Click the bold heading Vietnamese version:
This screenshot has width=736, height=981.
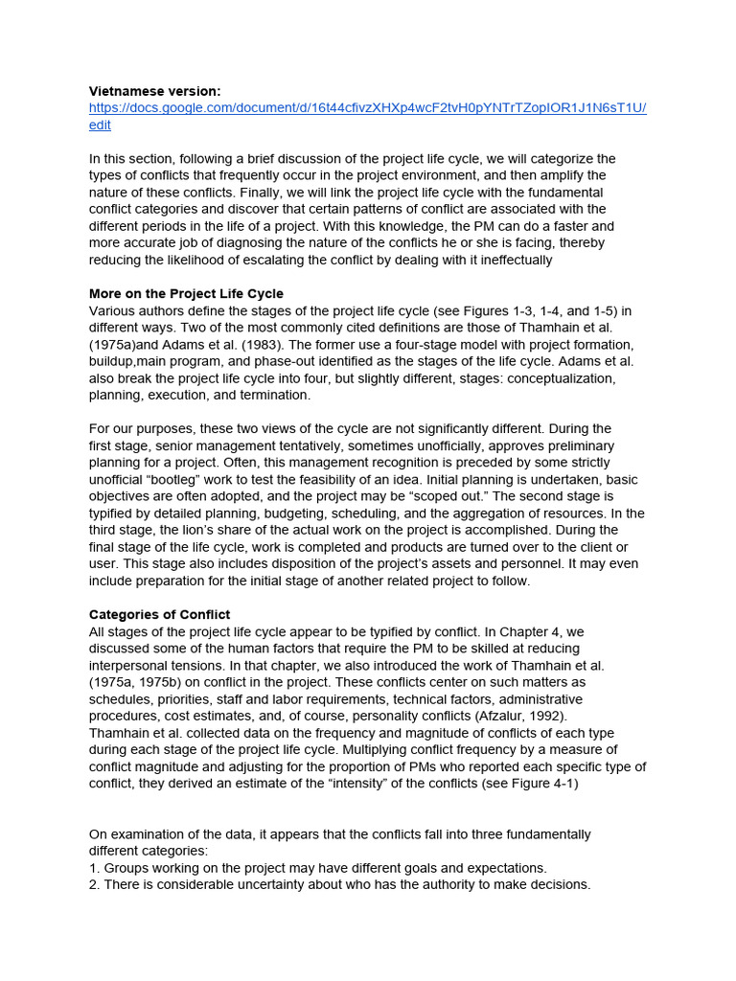pos(154,91)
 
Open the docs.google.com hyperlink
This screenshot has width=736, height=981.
pos(367,107)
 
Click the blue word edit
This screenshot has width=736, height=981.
pos(100,125)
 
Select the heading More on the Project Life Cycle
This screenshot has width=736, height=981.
pos(186,293)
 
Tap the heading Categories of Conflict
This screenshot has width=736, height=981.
pos(159,614)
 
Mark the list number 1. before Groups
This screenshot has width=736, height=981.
pos(95,868)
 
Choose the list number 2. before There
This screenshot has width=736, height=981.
pos(95,884)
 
